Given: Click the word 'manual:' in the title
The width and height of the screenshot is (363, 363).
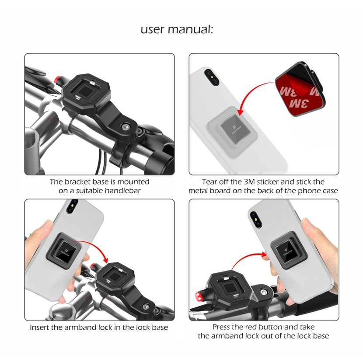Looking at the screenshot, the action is (x=190, y=30).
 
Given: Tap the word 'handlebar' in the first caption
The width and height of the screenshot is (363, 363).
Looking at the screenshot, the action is (x=122, y=191).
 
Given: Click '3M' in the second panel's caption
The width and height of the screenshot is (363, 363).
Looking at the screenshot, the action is (x=249, y=182).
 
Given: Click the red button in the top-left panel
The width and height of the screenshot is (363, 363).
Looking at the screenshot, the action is (x=57, y=80).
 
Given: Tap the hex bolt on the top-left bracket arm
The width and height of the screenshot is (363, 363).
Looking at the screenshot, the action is (x=126, y=127).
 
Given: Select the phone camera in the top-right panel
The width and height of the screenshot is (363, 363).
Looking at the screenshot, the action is (x=212, y=77).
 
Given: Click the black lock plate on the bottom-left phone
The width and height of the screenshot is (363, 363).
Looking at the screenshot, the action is (x=64, y=251).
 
